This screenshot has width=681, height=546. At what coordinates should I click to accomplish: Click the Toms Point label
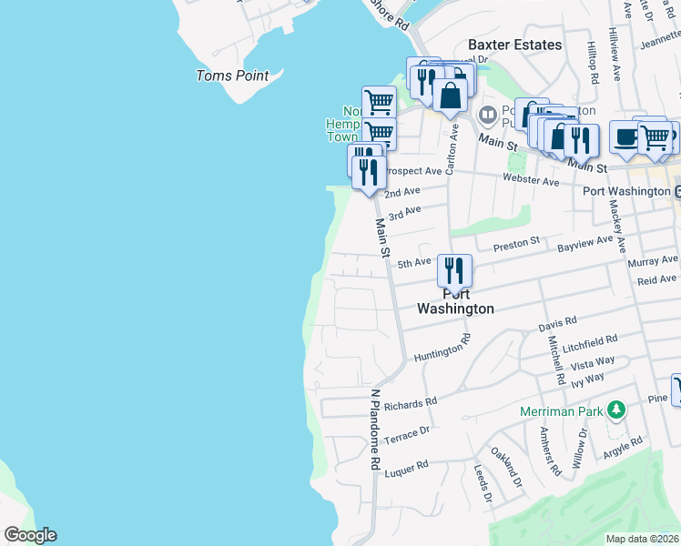232,76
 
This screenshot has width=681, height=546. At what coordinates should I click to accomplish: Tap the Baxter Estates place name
514,44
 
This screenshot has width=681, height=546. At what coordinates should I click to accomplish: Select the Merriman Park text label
562,411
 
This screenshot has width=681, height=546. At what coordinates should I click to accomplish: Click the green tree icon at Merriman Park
617,410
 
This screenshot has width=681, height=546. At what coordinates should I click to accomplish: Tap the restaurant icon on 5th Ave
453,271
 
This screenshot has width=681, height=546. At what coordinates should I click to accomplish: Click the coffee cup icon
625,136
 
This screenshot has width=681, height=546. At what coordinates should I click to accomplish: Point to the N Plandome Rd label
374,430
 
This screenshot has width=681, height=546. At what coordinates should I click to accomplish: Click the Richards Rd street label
411,402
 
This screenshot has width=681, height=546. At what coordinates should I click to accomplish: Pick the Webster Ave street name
531,181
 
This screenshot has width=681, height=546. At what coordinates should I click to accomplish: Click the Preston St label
516,246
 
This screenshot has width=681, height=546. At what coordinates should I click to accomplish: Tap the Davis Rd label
557,323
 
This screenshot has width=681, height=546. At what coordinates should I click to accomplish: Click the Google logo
30,535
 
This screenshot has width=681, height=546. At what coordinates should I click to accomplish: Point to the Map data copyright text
642,539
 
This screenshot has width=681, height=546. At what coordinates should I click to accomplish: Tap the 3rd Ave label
404,213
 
